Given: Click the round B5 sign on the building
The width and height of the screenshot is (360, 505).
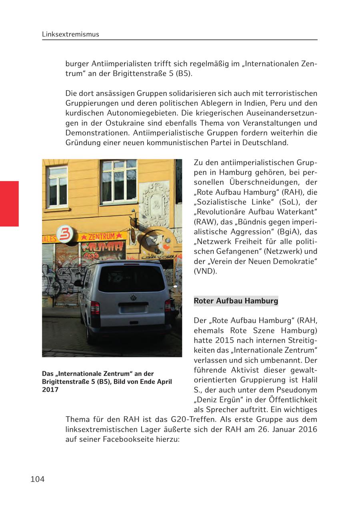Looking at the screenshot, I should (65, 234).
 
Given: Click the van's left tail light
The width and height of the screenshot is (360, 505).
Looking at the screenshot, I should (95, 308).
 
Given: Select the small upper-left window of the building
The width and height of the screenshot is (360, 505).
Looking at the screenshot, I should (58, 186).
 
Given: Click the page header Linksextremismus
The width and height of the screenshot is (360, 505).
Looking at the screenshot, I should (70, 34).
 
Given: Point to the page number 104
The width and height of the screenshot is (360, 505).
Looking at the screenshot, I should (38, 479).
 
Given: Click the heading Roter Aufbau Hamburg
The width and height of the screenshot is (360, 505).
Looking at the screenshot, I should (236, 301).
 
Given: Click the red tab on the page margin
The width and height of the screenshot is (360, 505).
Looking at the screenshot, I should (9, 204).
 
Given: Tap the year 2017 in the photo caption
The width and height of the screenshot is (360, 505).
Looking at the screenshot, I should (50, 389).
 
